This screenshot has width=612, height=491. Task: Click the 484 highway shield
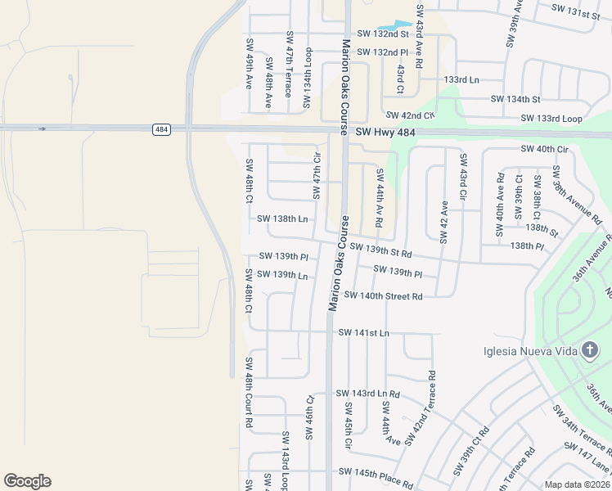point(160,129)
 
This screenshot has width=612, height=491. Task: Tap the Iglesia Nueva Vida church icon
point(590,352)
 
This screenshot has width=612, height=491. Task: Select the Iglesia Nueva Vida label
point(534,352)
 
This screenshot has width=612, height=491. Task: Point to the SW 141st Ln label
point(363,333)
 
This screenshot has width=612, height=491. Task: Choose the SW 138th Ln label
point(282,219)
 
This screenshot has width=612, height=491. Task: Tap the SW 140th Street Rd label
point(383,295)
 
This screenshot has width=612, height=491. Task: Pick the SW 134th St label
point(515,99)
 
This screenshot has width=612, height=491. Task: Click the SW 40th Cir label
point(544,149)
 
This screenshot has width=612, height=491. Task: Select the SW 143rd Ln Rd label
point(368,394)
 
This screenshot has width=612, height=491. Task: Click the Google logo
point(27,481)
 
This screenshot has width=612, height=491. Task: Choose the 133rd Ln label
point(461,80)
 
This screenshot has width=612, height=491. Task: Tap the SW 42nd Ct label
point(411,116)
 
